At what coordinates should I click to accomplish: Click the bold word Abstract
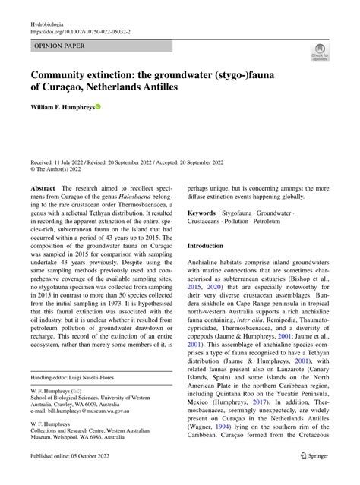coord(43,187)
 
